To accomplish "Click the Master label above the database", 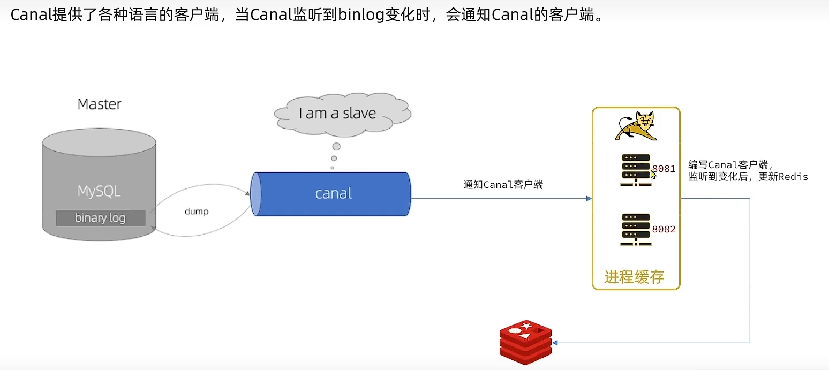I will click(100, 104).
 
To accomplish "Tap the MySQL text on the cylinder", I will click(99, 191).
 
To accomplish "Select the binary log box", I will click(100, 218).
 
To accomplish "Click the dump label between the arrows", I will click(197, 212).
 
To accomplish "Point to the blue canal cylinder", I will click(332, 194).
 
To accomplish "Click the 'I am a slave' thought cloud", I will click(337, 114).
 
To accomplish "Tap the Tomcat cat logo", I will click(636, 126).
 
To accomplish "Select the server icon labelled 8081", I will click(636, 170).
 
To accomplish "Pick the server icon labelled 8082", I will click(636, 230).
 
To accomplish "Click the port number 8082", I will click(664, 230).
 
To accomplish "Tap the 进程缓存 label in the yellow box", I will click(635, 277).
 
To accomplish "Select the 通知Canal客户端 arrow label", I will click(503, 185).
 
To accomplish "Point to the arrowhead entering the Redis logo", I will click(555, 343).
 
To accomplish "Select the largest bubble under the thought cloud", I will click(336, 147).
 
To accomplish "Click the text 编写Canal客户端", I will click(730, 165).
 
